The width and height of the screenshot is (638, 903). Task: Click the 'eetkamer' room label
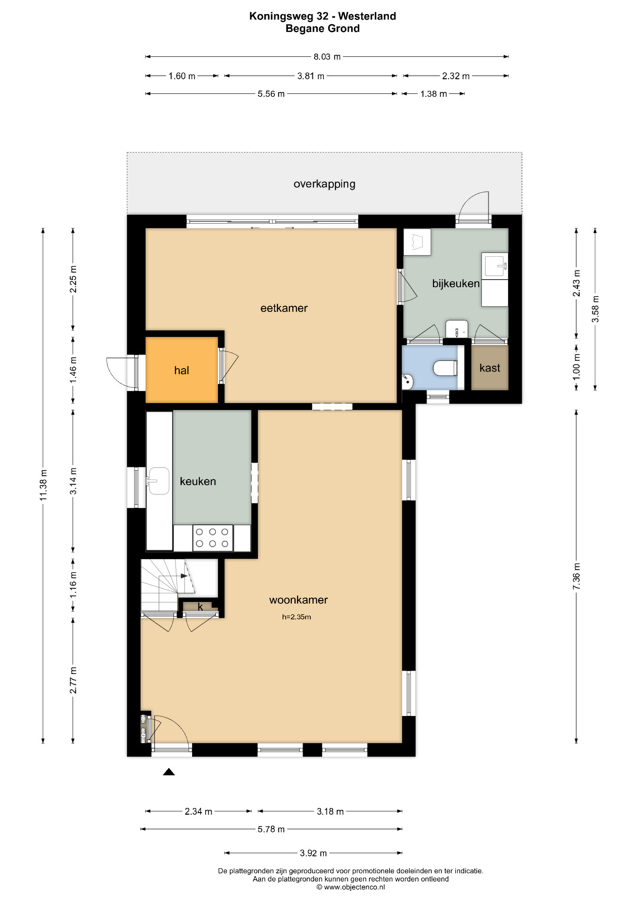click(x=283, y=308)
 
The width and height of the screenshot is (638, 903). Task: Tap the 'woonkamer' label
click(x=298, y=599)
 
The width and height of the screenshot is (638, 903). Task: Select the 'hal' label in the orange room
click(x=181, y=370)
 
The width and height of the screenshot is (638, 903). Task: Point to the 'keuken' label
click(x=197, y=481)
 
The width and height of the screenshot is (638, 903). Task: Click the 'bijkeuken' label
click(x=456, y=283)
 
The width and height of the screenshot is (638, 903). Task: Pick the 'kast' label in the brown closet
click(x=489, y=367)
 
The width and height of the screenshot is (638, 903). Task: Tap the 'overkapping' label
click(x=324, y=184)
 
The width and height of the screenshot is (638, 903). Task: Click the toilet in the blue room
click(x=445, y=367)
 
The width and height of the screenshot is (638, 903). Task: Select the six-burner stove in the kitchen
click(x=212, y=537)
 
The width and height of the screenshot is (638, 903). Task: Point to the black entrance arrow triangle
click(x=169, y=772)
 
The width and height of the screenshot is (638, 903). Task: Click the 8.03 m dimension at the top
click(x=327, y=56)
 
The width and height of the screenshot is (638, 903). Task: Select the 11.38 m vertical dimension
click(x=43, y=485)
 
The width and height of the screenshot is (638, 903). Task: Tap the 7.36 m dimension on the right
click(x=577, y=576)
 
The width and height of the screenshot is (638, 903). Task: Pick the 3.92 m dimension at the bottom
click(x=313, y=853)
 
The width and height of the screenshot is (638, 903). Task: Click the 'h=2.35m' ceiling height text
click(x=296, y=617)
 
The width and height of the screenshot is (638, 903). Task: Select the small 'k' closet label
click(x=200, y=607)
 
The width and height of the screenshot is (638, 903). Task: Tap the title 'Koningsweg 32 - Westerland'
click(x=323, y=16)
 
